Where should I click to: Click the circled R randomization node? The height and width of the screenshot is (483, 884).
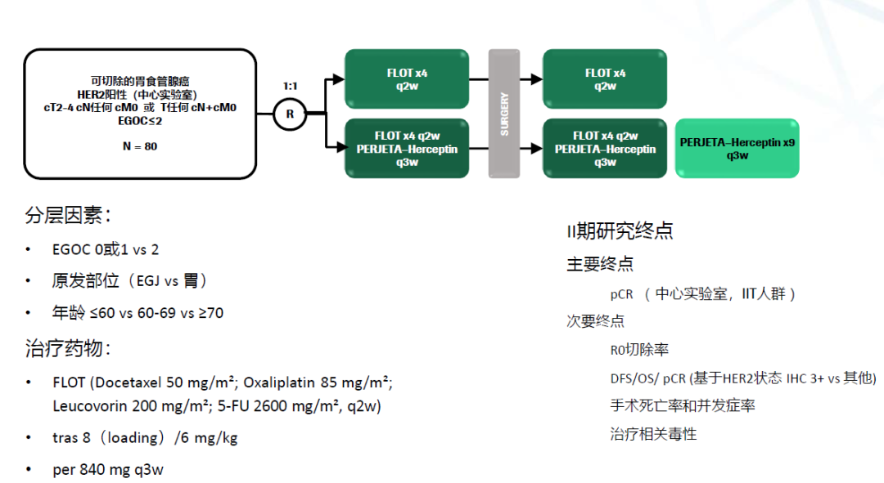pyautogui.click(x=289, y=114)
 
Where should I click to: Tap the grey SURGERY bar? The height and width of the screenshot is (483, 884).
pyautogui.click(x=504, y=114)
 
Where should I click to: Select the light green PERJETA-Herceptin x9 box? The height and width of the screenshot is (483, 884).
pyautogui.click(x=737, y=149)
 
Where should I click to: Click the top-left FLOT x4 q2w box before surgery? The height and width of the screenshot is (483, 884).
pyautogui.click(x=407, y=79)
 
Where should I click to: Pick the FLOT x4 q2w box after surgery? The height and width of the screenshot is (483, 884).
pyautogui.click(x=605, y=79)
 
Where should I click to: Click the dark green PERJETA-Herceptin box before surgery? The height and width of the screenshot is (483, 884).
pyautogui.click(x=407, y=149)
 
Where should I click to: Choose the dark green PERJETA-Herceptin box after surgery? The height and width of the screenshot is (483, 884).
pyautogui.click(x=605, y=149)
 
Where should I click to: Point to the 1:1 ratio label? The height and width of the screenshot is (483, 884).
pyautogui.click(x=290, y=85)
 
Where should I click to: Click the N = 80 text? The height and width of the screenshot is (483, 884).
pyautogui.click(x=140, y=146)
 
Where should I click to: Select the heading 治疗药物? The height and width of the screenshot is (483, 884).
pyautogui.click(x=68, y=349)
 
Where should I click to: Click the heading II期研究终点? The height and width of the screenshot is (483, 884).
pyautogui.click(x=620, y=231)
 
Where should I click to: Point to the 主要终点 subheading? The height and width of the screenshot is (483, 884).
pyautogui.click(x=600, y=264)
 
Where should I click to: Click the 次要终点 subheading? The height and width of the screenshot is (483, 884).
pyautogui.click(x=595, y=321)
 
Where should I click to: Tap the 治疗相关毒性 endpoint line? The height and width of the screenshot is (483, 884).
pyautogui.click(x=652, y=434)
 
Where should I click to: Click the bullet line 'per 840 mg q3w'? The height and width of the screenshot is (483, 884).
pyautogui.click(x=107, y=470)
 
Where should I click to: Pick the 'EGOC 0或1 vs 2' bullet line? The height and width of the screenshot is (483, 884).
pyautogui.click(x=105, y=249)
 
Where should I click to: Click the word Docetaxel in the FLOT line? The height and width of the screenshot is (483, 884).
pyautogui.click(x=130, y=382)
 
